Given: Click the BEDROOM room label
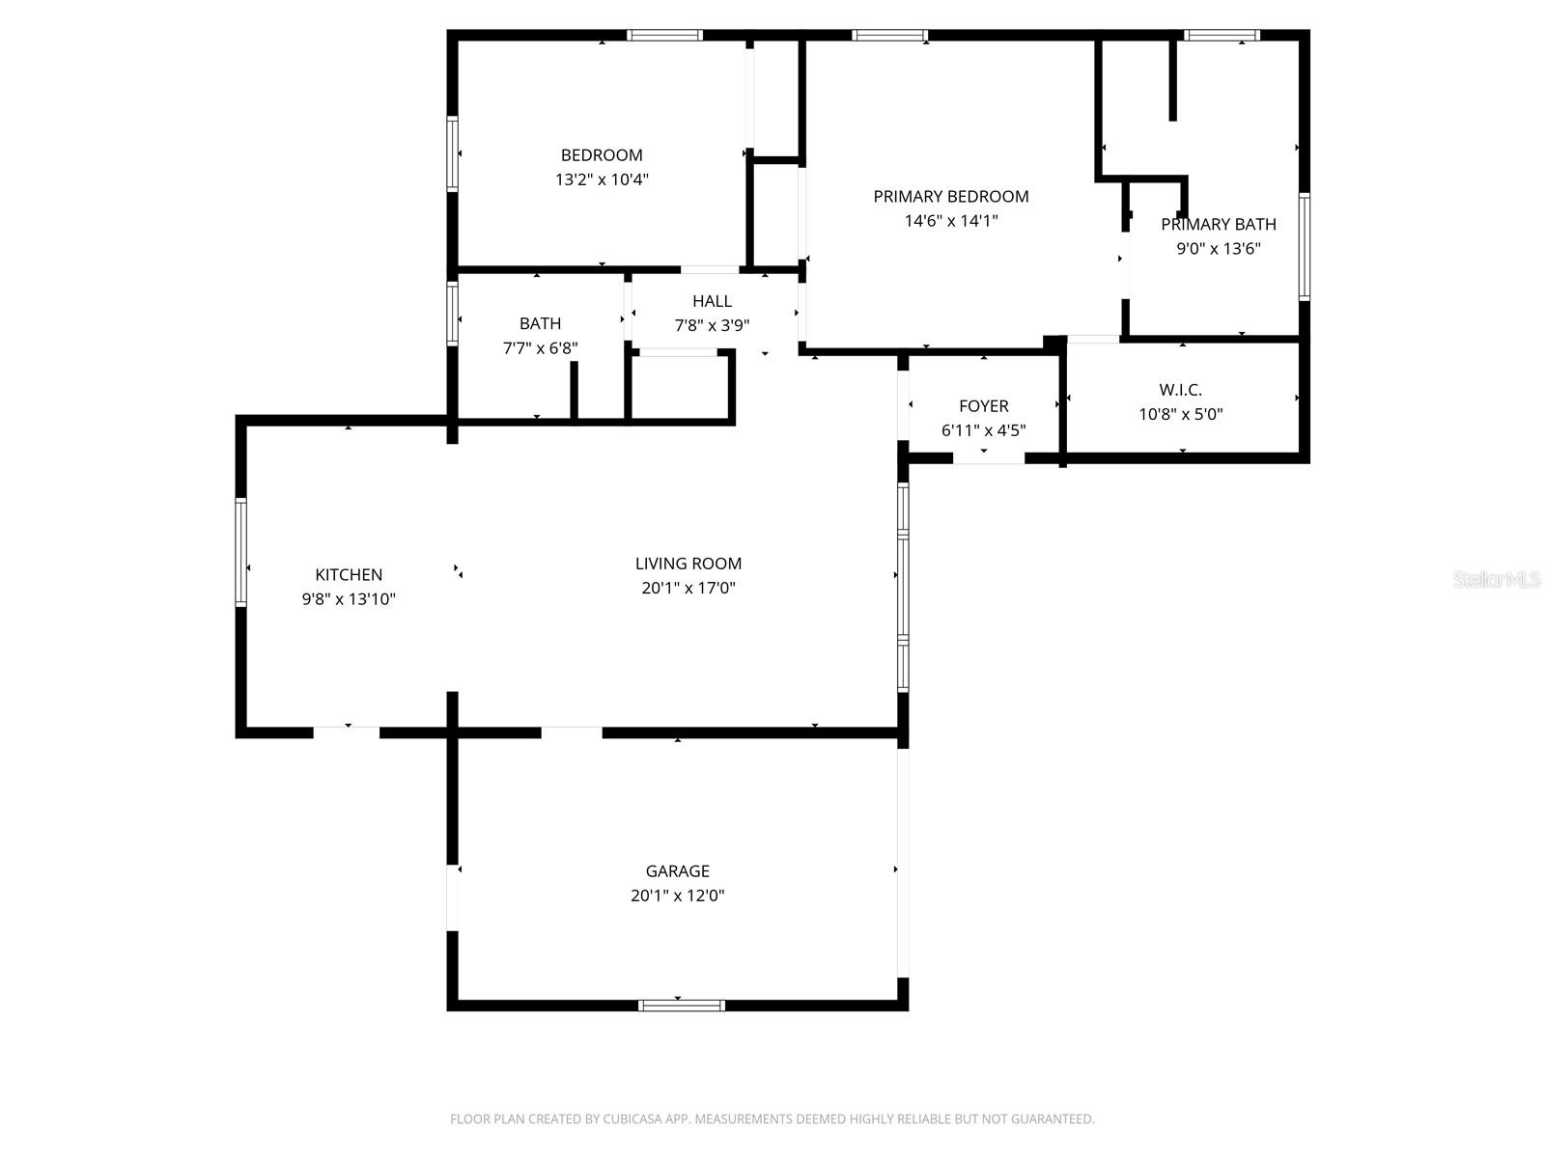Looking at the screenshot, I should point(602,155).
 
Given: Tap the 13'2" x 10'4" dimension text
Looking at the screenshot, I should point(602,179).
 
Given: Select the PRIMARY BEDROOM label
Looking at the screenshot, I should point(951,197).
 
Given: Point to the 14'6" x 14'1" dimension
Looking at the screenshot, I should point(951,221).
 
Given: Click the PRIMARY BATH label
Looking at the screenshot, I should point(1218,225).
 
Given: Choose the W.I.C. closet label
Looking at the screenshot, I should point(1180,391).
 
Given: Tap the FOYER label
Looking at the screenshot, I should point(983,406).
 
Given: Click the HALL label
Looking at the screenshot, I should point(712,301).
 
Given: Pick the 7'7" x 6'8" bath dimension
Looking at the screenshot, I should point(540,348).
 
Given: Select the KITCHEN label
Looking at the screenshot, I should point(349,575).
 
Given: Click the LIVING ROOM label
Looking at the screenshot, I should point(688,564).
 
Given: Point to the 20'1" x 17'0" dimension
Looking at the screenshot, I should point(688,588).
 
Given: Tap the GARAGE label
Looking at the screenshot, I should point(677,871).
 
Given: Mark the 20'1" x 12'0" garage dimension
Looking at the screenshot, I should point(677,896).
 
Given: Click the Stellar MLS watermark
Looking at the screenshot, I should point(1497,580).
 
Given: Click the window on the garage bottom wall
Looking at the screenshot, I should point(681,1006).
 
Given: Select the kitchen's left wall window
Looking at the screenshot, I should point(241,552).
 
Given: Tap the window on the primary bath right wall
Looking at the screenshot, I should point(1304,246).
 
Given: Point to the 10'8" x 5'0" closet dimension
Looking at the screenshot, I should point(1180,415).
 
